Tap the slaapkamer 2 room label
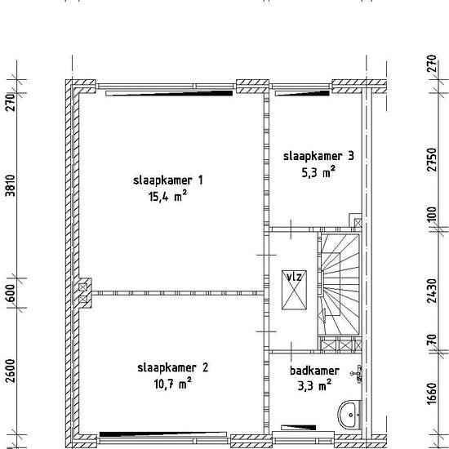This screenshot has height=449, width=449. coord(173,367)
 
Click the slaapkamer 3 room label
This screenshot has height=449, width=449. coord(318,156)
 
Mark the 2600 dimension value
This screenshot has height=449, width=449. coord(11,371)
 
